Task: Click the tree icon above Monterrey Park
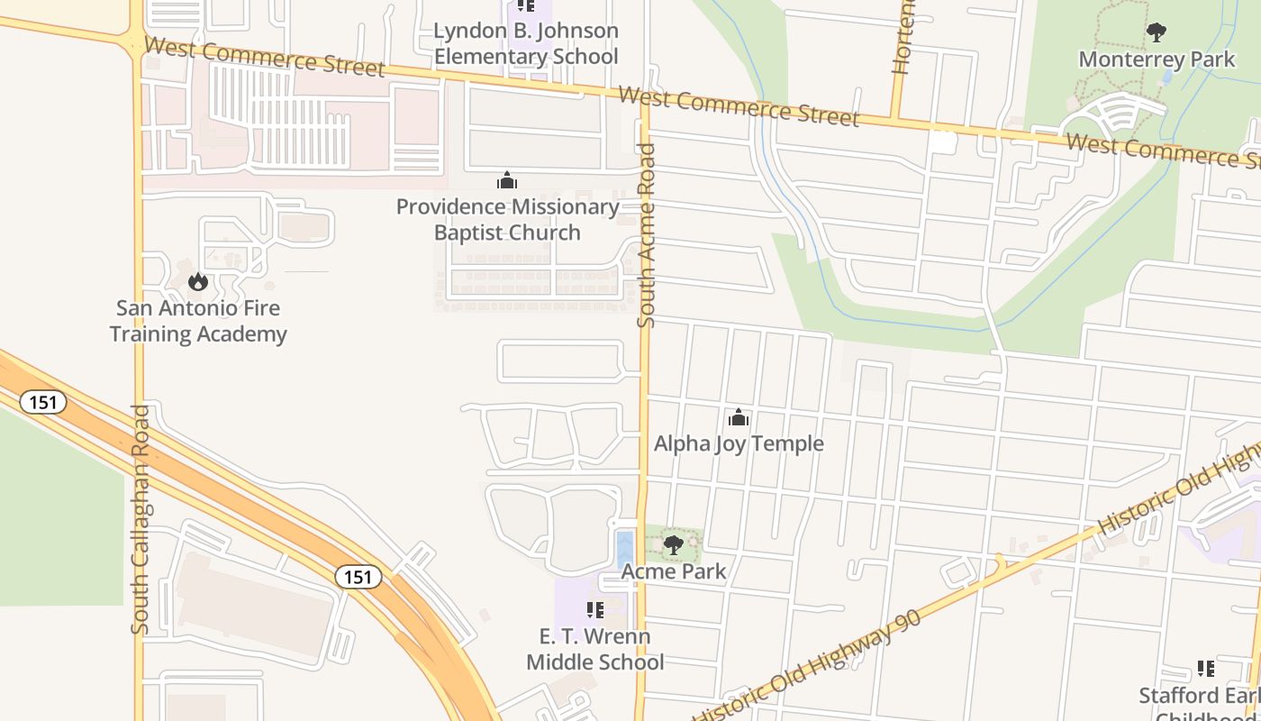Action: pyautogui.click(x=1157, y=33)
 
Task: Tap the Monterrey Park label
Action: pyautogui.click(x=1157, y=59)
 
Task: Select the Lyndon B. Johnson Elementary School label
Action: pyautogui.click(x=526, y=43)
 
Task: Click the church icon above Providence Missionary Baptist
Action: pyautogui.click(x=507, y=181)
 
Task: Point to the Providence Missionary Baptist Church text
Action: pyautogui.click(x=507, y=220)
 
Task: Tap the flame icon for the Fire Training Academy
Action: pyautogui.click(x=197, y=282)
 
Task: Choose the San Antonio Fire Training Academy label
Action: pyautogui.click(x=198, y=321)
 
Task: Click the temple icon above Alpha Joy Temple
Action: pyautogui.click(x=739, y=417)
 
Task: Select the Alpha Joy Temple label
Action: pyautogui.click(x=739, y=443)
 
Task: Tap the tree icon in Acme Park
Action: pyautogui.click(x=673, y=544)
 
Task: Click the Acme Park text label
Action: pyautogui.click(x=673, y=570)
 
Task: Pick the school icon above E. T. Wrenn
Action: pyautogui.click(x=594, y=610)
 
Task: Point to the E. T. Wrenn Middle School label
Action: pyautogui.click(x=594, y=649)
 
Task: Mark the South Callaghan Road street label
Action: pyautogui.click(x=141, y=519)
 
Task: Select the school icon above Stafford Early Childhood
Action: pyautogui.click(x=1205, y=669)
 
